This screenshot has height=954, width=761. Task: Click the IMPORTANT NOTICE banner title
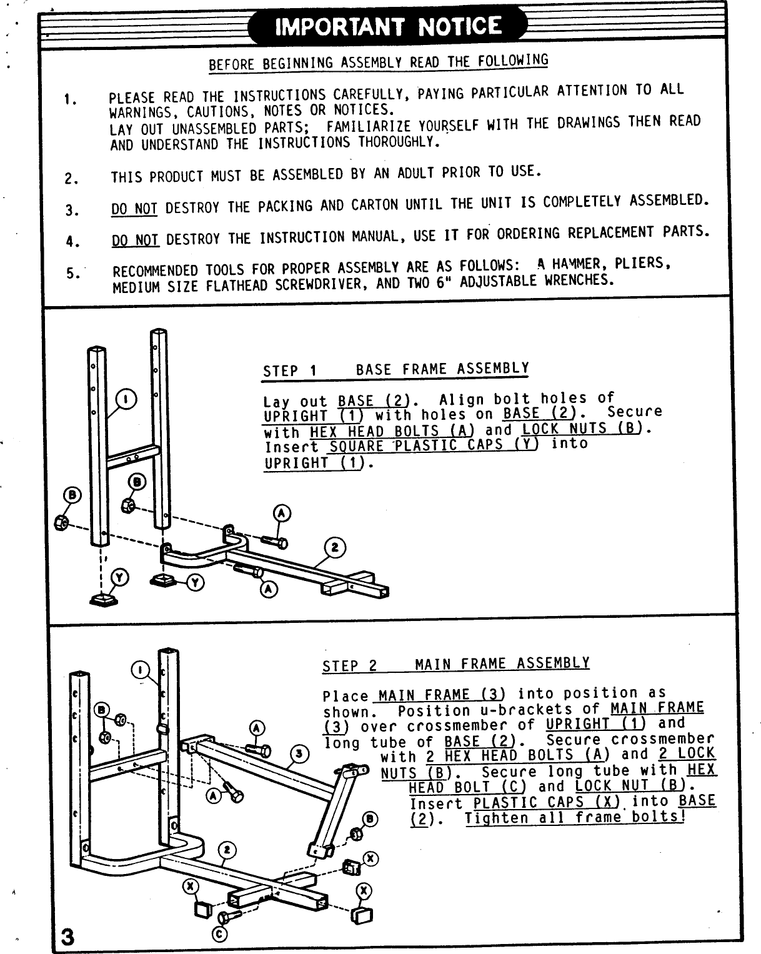point(388,26)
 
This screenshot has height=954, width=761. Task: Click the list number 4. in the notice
point(71,241)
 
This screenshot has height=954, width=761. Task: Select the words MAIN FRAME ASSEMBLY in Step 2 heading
point(502,663)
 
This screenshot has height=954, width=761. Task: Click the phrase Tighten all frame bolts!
point(575,818)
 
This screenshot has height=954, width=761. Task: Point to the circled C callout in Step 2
point(219,933)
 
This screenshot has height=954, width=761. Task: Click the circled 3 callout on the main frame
point(301,754)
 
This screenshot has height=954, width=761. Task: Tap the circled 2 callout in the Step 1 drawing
point(334,548)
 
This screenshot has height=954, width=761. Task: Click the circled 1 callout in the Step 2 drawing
point(141,670)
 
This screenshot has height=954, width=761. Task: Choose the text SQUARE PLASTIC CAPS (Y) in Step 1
point(433,446)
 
